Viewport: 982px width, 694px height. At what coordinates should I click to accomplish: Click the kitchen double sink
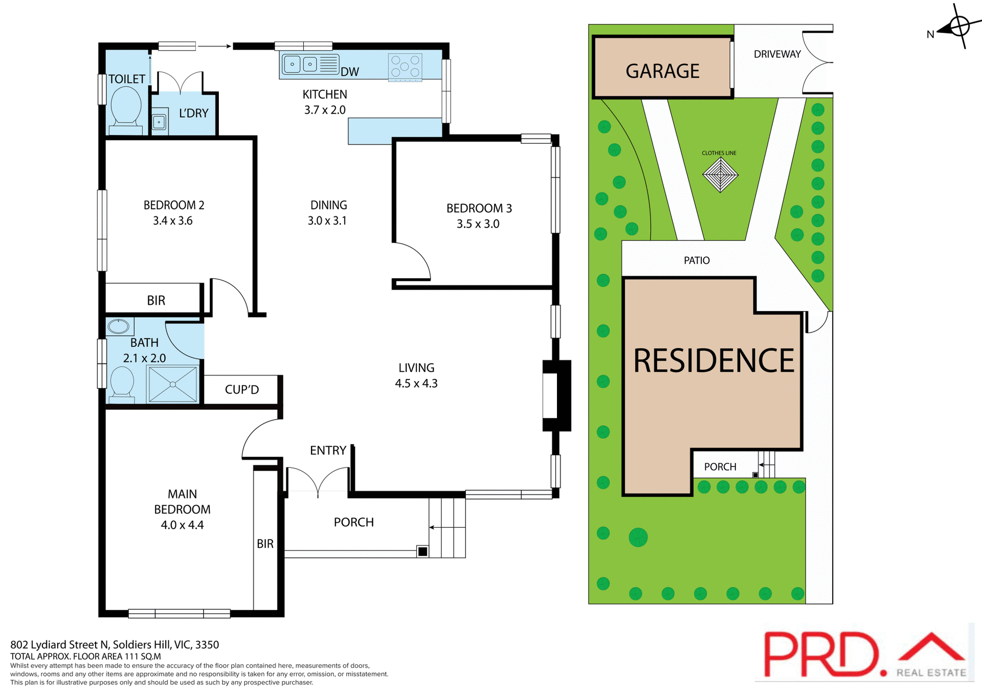[x=301, y=64]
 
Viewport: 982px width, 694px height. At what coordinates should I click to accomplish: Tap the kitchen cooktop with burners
[x=405, y=67]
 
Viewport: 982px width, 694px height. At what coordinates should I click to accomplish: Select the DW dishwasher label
[x=350, y=72]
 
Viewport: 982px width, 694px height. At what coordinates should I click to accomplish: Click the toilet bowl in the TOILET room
[x=126, y=105]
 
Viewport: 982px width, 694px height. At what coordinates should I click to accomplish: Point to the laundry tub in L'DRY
[x=160, y=122]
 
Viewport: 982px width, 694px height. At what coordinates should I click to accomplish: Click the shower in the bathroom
[x=172, y=384]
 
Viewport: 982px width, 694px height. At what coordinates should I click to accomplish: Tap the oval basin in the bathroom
[x=119, y=326]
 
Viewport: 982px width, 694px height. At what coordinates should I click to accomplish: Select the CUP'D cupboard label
[x=242, y=390]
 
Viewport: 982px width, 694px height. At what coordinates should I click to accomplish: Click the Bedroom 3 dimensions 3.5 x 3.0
[x=478, y=224]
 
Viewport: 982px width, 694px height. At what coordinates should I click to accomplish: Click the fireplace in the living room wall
[x=556, y=395]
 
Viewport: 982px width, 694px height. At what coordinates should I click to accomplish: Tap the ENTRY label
[x=328, y=451]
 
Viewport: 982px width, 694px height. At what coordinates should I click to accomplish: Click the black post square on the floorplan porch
[x=422, y=551]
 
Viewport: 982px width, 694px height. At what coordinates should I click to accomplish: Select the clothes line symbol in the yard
[x=720, y=175]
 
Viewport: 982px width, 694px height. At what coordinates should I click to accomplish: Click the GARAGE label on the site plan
[x=662, y=71]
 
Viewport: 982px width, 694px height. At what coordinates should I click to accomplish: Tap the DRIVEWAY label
[x=777, y=54]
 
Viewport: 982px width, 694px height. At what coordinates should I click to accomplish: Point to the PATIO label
[x=697, y=261]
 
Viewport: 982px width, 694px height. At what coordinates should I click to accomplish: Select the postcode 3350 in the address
[x=207, y=645]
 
